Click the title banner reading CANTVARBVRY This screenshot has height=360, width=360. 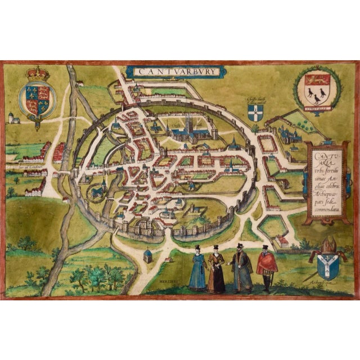(x=175, y=71)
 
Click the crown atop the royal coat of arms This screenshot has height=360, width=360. (x=38, y=73)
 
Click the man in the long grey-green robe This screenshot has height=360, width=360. (x=242, y=269)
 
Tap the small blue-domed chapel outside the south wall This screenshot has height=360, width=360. (x=148, y=254)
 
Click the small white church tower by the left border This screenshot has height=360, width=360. (x=11, y=118)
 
